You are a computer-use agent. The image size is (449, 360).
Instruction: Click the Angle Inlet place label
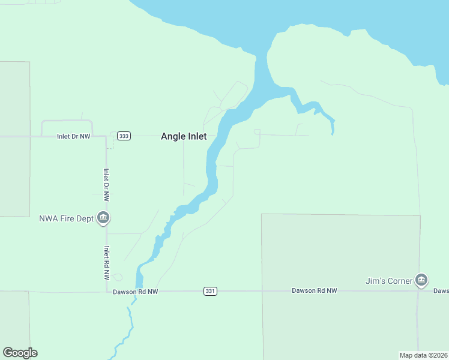coord(184,136)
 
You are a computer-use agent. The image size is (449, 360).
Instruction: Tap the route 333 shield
coord(124,136)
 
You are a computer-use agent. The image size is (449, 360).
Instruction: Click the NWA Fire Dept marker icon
coord(103,218)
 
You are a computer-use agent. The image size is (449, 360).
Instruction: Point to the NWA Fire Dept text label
coord(66,218)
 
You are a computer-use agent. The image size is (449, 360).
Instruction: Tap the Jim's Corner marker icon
coord(421,280)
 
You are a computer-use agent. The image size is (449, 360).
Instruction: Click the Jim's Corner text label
coord(389,281)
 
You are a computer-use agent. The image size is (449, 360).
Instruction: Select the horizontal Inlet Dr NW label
coord(73,136)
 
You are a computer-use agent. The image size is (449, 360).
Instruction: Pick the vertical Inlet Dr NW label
coord(106,184)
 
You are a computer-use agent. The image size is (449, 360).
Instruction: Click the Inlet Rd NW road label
coord(106,263)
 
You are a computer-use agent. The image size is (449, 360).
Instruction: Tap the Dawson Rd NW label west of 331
coord(135,292)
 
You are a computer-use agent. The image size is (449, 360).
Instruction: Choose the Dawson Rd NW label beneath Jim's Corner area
coord(315,290)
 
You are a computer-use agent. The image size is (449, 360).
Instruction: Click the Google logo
coord(20,353)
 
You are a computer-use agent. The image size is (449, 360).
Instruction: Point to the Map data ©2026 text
coord(423,355)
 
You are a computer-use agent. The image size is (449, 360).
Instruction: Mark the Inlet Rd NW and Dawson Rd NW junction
coord(106,292)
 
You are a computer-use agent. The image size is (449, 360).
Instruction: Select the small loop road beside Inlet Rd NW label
coord(117,277)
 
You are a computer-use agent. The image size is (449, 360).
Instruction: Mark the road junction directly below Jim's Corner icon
coord(418,291)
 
